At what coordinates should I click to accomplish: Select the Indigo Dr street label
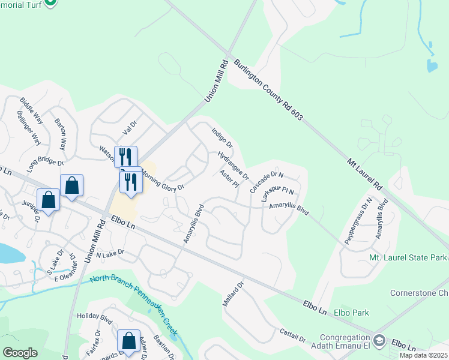pyautogui.click(x=222, y=137)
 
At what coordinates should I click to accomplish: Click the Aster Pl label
pyautogui.click(x=230, y=179)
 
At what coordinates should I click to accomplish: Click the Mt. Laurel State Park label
pyautogui.click(x=408, y=257)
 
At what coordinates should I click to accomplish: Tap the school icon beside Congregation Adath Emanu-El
pyautogui.click(x=379, y=341)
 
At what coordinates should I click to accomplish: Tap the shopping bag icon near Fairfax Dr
pyautogui.click(x=129, y=341)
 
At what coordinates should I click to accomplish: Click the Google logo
pyautogui.click(x=20, y=352)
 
